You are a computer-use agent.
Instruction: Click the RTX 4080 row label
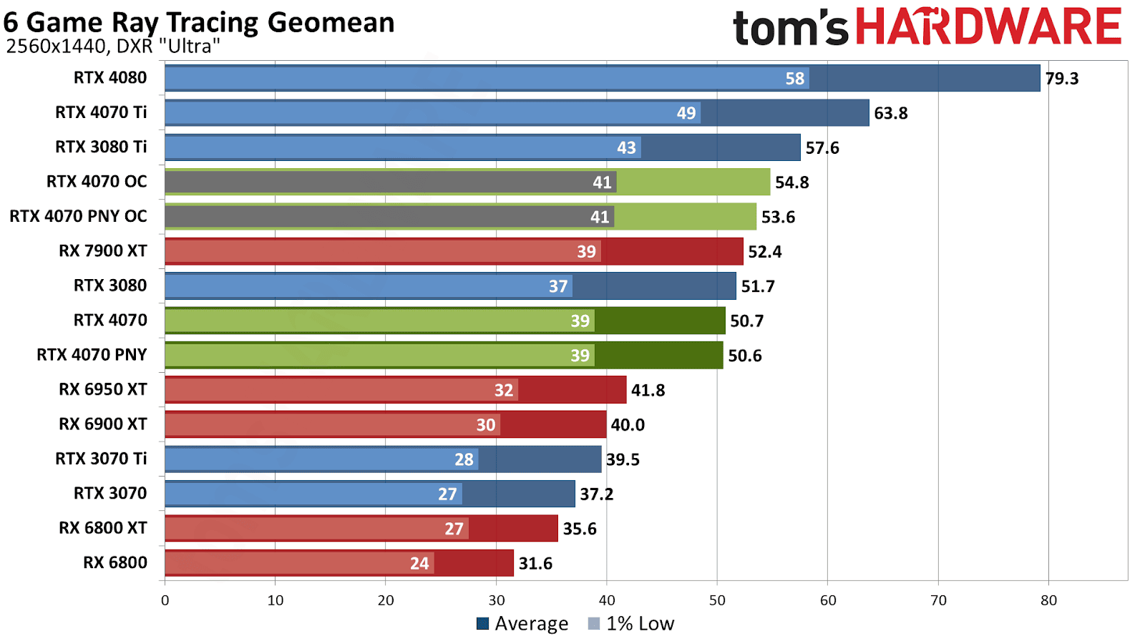[x=110, y=77]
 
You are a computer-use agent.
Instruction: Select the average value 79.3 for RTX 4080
[x=1061, y=79]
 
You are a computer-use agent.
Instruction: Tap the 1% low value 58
[x=794, y=79]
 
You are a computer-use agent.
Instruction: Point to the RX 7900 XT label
[x=103, y=251]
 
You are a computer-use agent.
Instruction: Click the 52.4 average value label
[x=764, y=252]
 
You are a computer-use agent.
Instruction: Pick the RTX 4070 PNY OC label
[x=78, y=216]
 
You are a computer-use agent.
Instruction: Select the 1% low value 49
[x=686, y=113]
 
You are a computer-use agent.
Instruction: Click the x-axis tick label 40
[x=606, y=600]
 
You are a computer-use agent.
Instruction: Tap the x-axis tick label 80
[x=1048, y=600]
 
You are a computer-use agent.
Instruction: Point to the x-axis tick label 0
[x=165, y=600]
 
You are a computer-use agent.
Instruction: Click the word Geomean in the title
[x=331, y=23]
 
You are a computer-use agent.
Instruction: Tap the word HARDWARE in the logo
[x=988, y=27]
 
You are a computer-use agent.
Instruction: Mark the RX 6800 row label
[x=115, y=562]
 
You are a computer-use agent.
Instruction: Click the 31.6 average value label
[x=535, y=564]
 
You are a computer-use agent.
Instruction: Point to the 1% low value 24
[x=419, y=564]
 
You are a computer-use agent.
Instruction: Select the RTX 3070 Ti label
[x=101, y=459]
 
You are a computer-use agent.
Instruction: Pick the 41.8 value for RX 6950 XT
[x=648, y=391]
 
